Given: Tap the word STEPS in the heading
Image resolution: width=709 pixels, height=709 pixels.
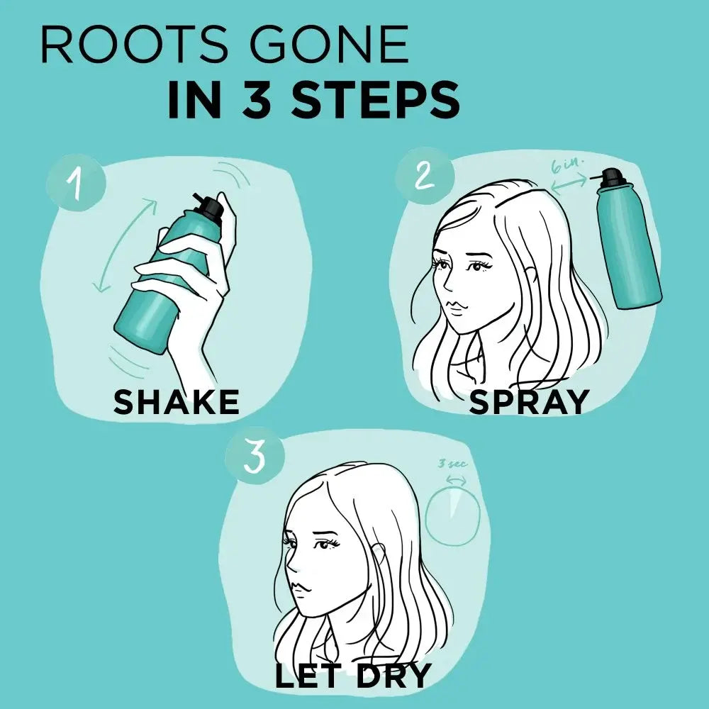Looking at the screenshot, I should pos(375,101).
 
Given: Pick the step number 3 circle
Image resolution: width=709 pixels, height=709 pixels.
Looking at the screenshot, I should pos(253,456).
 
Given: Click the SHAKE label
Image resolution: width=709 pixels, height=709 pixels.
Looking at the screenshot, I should pos(176,402).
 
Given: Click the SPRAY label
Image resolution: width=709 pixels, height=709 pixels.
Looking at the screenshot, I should pos(529,402).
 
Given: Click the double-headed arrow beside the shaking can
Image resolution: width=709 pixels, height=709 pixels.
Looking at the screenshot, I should pos(126,245).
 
